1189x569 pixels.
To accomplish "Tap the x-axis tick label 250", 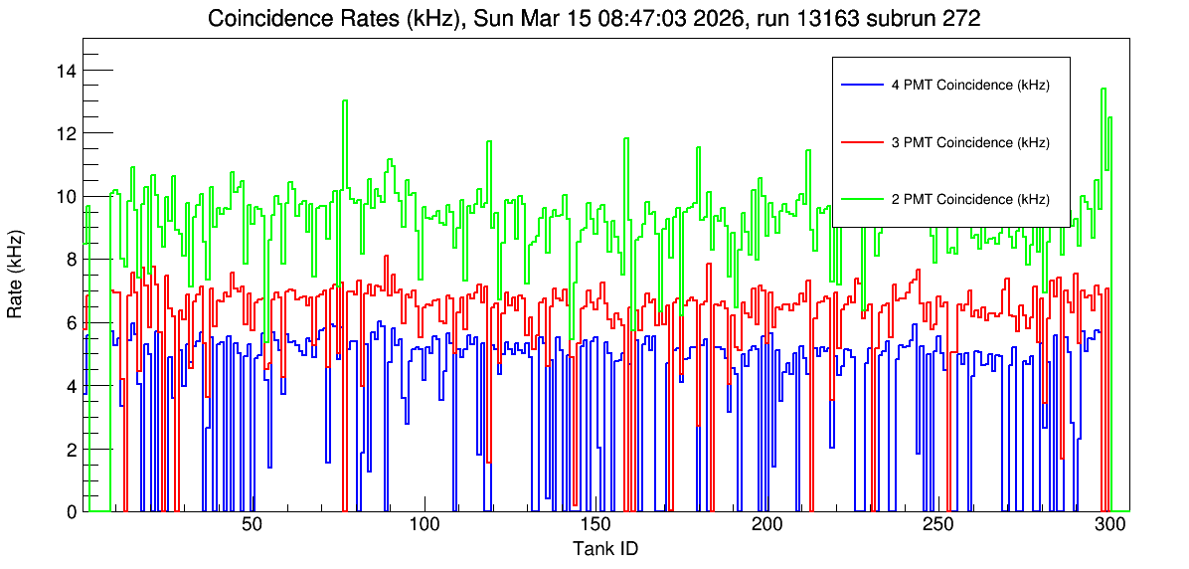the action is tap(938, 525).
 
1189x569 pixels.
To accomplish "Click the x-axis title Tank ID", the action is tap(604, 548).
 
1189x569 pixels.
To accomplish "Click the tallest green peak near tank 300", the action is tap(1104, 89).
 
